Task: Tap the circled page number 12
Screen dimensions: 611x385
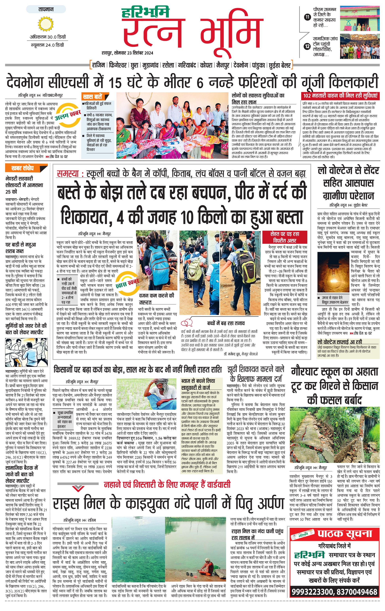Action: click(307, 46)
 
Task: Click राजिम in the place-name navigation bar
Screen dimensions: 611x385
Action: click(98, 65)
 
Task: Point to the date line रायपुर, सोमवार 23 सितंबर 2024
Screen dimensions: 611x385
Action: click(127, 53)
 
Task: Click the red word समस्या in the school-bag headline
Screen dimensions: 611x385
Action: click(68, 174)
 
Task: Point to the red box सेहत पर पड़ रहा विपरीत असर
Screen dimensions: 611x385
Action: click(284, 237)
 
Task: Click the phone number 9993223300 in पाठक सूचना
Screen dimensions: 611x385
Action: click(312, 592)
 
